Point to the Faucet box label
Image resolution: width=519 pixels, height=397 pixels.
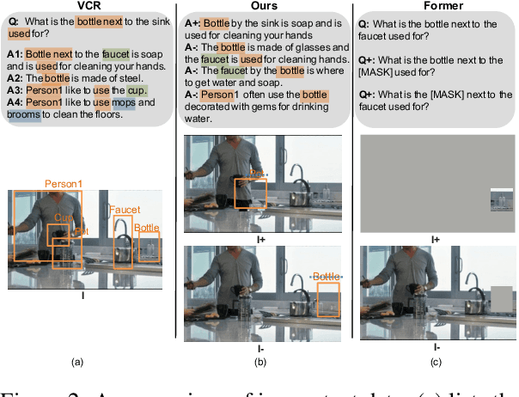(125, 209)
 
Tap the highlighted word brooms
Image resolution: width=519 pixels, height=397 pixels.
(27, 114)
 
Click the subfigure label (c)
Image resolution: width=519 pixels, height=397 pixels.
(437, 363)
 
